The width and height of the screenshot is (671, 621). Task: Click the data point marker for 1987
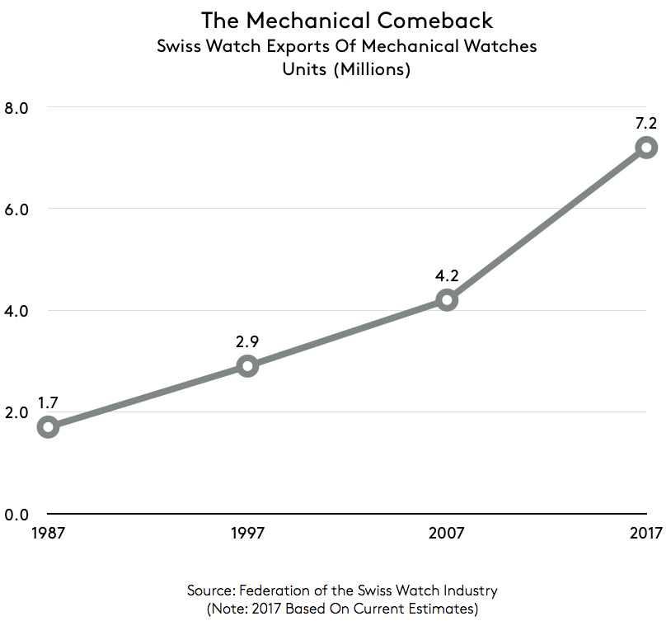[49, 427]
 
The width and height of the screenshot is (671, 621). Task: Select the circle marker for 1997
[247, 365]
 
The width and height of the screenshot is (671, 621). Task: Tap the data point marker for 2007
[447, 299]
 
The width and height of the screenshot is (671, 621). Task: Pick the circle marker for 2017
[646, 148]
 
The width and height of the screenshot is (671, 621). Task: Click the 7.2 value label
[646, 122]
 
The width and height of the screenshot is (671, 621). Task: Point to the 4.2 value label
[447, 274]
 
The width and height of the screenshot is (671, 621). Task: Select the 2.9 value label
[247, 340]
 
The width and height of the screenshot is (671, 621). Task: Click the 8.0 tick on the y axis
[16, 107]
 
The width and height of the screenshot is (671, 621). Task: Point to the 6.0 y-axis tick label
[16, 209]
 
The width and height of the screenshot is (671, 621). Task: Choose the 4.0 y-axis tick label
[16, 311]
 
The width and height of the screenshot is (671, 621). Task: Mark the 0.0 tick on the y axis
[16, 515]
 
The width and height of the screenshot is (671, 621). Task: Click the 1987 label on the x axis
[49, 534]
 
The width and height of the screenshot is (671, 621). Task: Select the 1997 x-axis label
[247, 534]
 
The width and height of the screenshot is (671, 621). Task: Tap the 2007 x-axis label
[447, 534]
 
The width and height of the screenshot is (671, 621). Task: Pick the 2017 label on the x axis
[646, 534]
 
